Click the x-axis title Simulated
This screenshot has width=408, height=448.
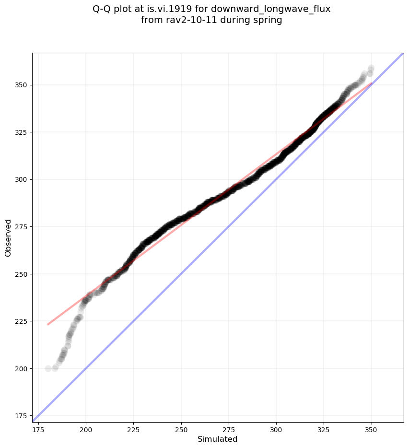pos(218,439)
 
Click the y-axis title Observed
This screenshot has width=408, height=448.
pos(8,237)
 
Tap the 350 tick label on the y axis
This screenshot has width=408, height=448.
pos(21,85)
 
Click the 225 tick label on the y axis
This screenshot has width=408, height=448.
pos(21,321)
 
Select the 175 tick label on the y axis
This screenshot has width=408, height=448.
pos(21,416)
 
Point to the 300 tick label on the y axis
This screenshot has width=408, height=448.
pos(21,179)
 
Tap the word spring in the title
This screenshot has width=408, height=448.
pos(268,20)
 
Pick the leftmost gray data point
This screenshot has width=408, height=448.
pos(48,368)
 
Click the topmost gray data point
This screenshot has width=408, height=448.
pos(371,68)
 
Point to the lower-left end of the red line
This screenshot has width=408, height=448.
pos(48,324)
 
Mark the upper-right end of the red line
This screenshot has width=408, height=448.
pos(372,83)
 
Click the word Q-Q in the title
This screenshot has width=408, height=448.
pos(102,9)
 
